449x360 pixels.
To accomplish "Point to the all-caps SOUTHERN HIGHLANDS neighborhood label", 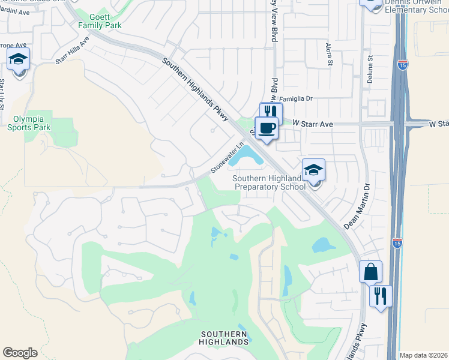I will [x=224, y=338].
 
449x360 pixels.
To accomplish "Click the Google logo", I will [x=20, y=353].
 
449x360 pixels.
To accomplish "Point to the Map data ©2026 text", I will [x=423, y=355].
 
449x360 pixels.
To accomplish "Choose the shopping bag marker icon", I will [x=370, y=271].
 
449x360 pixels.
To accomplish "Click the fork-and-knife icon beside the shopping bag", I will [x=381, y=295].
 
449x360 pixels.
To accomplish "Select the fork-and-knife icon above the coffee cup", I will [x=271, y=112].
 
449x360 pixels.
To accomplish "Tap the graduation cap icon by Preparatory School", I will [x=313, y=170].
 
